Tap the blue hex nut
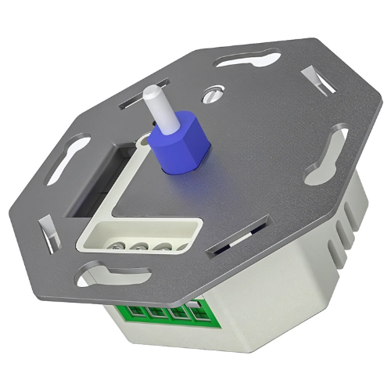pyautogui.click(x=181, y=145)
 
